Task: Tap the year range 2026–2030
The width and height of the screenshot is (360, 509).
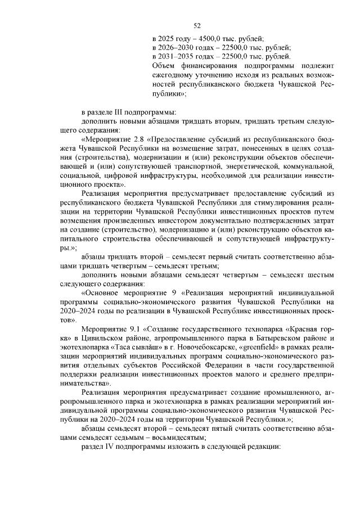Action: (x=178, y=47)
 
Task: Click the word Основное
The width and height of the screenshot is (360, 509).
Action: (x=107, y=292)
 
